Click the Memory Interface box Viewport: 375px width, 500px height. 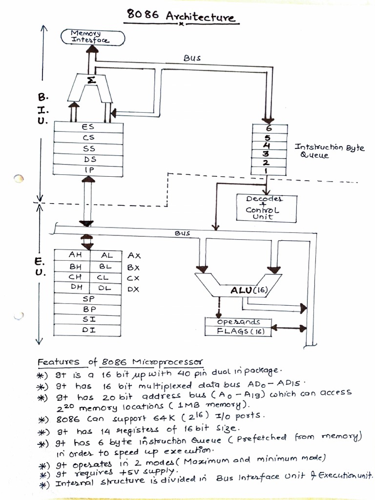coord(92,37)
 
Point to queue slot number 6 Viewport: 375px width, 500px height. coord(267,128)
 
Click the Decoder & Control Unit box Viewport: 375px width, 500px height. coord(266,208)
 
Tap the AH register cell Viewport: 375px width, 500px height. coord(76,255)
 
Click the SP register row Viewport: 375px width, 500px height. coord(88,298)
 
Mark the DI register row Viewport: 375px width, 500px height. coord(88,330)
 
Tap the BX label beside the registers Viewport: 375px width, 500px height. coord(133,267)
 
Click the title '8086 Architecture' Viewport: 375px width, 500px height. coord(181,16)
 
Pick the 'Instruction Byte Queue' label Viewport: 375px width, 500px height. coord(329,151)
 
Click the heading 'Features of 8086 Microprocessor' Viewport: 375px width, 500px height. coord(120,362)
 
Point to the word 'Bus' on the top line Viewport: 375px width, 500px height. coord(192,58)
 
